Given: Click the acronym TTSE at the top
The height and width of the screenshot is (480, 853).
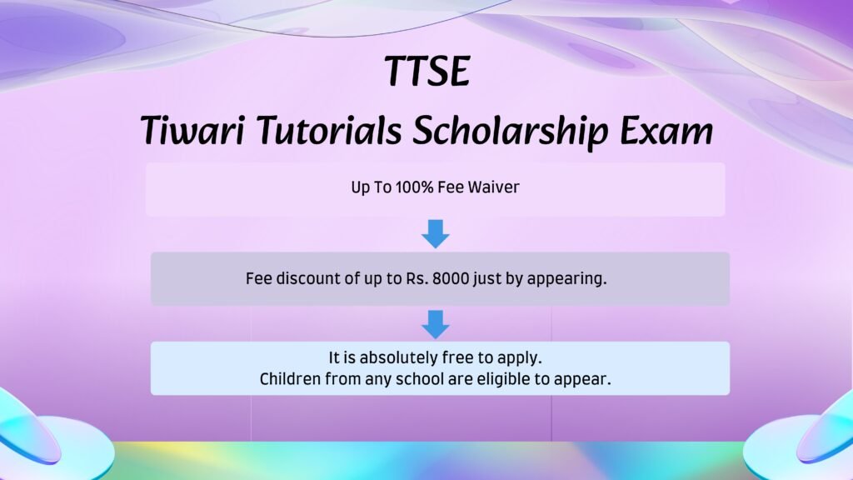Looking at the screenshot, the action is click(427, 71).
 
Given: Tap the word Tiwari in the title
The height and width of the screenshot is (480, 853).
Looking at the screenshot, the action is click(192, 131).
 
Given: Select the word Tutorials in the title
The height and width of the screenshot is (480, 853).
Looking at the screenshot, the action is click(329, 131).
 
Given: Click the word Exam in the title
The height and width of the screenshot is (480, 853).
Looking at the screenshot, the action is click(666, 131).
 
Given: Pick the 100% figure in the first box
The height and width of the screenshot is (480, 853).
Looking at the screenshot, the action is click(415, 187).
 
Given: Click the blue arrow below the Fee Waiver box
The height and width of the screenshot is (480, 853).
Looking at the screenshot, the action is click(436, 234).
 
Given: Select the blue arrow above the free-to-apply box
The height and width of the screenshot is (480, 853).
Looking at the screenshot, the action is click(436, 324).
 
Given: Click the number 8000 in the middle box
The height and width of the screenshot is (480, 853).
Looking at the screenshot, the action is click(451, 278).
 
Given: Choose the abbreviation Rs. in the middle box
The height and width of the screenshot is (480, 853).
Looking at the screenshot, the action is click(417, 278).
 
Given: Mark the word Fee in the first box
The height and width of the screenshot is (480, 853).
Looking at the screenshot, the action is click(451, 187).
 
